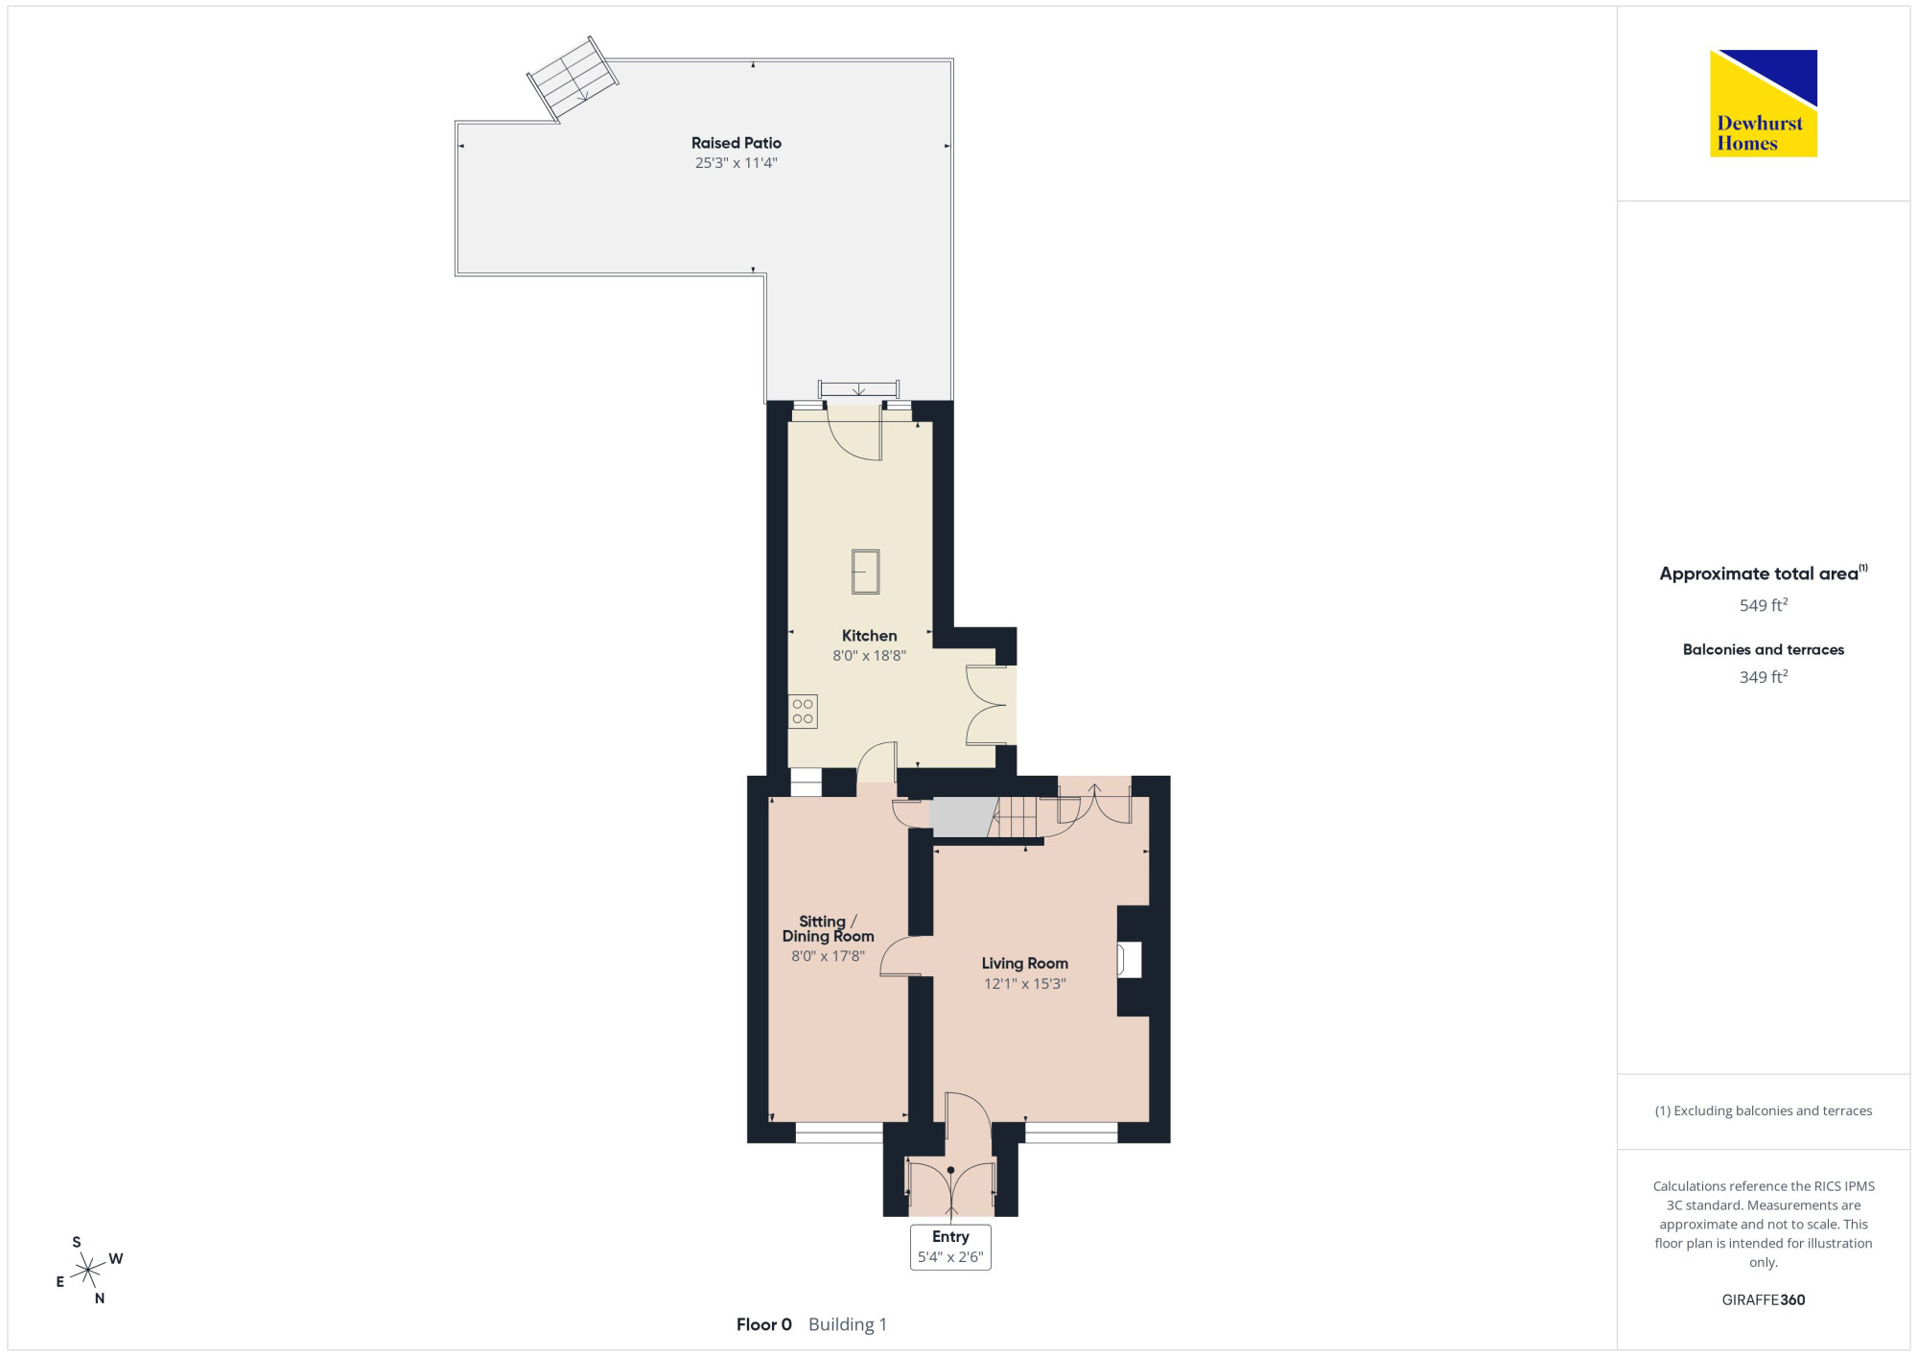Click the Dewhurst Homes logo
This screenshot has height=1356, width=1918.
click(x=1764, y=104)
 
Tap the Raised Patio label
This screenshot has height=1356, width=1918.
click(x=737, y=143)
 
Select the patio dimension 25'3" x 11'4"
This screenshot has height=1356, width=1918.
click(x=737, y=163)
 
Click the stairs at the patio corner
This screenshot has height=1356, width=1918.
click(x=573, y=79)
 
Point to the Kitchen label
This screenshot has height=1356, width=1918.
click(x=870, y=636)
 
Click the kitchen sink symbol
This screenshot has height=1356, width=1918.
click(x=866, y=572)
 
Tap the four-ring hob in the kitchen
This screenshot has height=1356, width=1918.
click(x=804, y=712)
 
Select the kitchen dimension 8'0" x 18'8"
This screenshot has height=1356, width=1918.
click(x=870, y=656)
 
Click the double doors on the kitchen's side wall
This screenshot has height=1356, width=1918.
click(x=987, y=705)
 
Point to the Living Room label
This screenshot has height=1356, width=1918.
click(x=1025, y=964)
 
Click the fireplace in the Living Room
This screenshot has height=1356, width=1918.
click(x=1130, y=960)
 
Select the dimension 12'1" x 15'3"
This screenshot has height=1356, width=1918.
click(x=1025, y=984)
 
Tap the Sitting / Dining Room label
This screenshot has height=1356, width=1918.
click(x=829, y=929)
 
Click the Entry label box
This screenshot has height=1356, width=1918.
click(x=950, y=1247)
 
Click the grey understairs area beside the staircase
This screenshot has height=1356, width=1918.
click(x=962, y=817)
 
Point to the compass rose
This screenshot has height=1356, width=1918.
click(x=88, y=1271)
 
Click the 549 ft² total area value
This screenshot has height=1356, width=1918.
click(x=1764, y=605)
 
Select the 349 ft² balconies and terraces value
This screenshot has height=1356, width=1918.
click(x=1764, y=677)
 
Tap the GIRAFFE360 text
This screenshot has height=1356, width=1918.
click(x=1764, y=1300)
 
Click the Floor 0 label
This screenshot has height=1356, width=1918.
click(x=764, y=1324)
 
